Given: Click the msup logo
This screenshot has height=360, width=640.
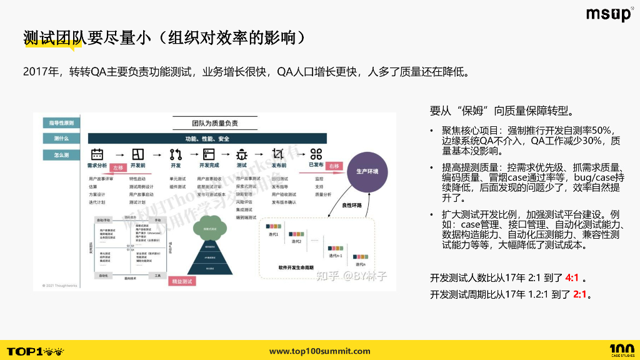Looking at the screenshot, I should click(609, 14).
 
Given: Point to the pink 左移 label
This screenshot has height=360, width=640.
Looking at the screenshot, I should click(118, 167).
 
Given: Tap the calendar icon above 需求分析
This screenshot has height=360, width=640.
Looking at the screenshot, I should click(97, 154).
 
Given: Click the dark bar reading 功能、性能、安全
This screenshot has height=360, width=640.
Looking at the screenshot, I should click(207, 138).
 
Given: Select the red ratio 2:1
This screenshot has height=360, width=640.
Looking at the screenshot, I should click(579, 294).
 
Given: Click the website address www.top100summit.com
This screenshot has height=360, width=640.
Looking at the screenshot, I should click(319, 351).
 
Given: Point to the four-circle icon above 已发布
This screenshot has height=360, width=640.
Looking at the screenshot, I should click(316, 154).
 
